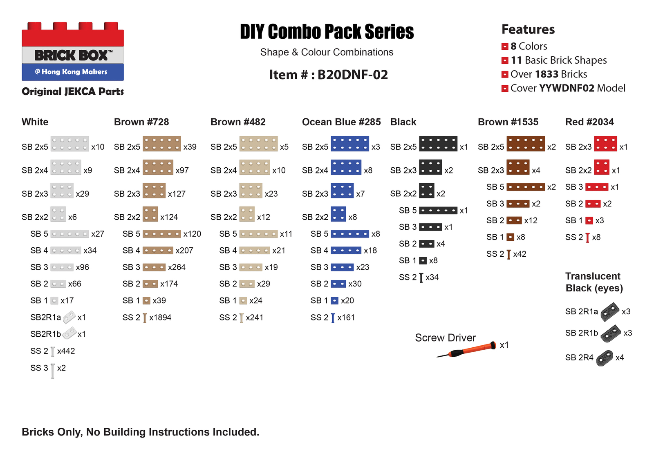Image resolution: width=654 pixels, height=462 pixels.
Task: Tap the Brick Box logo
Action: [73, 51]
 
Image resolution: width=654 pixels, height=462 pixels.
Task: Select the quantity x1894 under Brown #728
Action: [160, 318]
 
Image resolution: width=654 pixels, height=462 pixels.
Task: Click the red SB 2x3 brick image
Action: [605, 144]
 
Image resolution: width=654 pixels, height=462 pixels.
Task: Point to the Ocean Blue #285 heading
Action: [341, 122]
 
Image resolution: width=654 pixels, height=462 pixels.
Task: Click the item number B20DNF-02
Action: [352, 75]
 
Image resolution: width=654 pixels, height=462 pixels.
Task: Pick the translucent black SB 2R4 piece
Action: [605, 358]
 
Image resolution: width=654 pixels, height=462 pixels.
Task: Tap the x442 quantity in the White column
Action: [66, 351]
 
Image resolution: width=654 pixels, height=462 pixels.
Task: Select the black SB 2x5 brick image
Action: [438, 144]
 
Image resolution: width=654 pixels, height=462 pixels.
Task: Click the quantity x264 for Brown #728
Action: [177, 267]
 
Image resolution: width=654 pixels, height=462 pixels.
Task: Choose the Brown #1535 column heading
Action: [508, 122]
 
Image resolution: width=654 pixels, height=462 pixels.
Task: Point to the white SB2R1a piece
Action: [69, 317]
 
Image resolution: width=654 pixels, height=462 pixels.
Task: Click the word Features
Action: [528, 29]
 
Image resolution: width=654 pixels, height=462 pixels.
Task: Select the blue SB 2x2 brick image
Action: [338, 214]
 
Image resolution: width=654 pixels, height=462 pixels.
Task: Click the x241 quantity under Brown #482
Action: [254, 318]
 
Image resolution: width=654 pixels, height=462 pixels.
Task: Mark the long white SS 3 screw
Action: [53, 371]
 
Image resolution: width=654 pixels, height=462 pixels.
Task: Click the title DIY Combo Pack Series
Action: [327, 32]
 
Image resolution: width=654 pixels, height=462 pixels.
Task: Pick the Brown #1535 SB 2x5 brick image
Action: [525, 144]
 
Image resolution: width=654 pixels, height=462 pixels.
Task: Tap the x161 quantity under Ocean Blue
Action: [346, 318]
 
